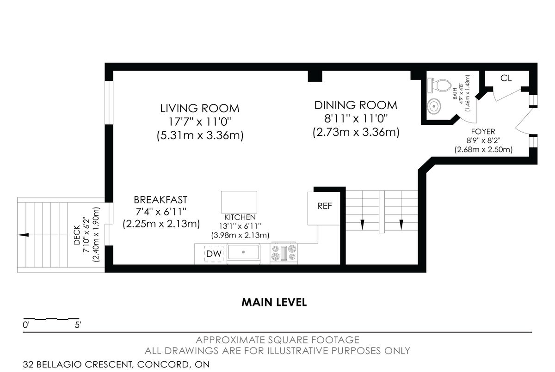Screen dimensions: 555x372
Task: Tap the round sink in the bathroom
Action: [434, 106]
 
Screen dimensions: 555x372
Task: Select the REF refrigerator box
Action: [324, 208]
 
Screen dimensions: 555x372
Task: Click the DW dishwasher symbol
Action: [214, 254]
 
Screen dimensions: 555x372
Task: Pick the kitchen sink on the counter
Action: [244, 253]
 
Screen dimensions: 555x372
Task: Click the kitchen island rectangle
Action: [239, 202]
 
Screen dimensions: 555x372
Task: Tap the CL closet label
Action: [506, 78]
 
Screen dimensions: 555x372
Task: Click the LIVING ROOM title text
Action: [200, 109]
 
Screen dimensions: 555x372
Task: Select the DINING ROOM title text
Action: [356, 105]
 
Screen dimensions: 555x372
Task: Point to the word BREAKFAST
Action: [160, 200]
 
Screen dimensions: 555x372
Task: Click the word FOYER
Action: [483, 131]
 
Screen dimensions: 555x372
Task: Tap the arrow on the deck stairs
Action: [23, 235]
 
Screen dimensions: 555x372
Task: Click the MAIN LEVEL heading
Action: [274, 302]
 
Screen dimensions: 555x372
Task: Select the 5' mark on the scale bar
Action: [78, 325]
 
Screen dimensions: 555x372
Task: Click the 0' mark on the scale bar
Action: [26, 325]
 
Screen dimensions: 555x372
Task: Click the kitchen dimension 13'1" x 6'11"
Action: [240, 226]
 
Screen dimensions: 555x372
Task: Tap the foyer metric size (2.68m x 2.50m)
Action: [483, 149]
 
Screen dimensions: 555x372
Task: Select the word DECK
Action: [77, 235]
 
